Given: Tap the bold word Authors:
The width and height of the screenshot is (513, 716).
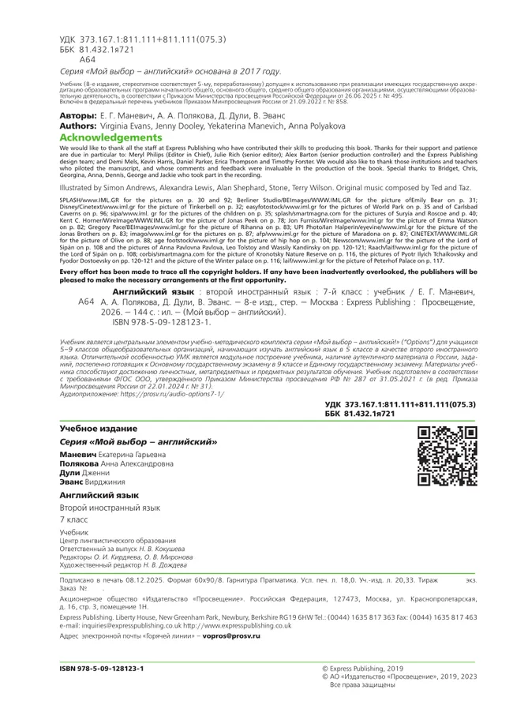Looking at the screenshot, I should (x=78, y=126).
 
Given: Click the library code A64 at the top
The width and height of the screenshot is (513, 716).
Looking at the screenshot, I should (x=88, y=58).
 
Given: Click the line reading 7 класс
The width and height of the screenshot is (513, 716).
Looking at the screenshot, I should (x=75, y=523).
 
